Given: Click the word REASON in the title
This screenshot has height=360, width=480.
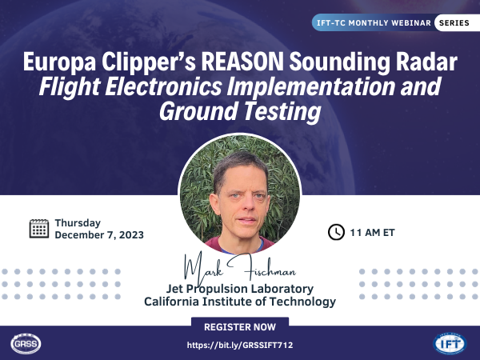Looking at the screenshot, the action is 242,62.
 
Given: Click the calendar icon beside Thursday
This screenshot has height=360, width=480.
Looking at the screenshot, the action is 39,229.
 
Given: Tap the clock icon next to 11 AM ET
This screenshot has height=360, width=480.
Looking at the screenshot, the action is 336,232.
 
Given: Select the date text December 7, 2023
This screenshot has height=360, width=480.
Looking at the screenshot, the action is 99,234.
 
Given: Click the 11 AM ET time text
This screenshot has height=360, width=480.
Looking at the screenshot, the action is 372,233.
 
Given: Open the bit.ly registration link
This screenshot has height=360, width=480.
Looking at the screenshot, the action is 240,346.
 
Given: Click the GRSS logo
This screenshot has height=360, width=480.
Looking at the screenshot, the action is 26,343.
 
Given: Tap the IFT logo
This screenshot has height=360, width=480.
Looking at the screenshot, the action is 450,343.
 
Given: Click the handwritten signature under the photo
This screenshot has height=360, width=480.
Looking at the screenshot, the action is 239,268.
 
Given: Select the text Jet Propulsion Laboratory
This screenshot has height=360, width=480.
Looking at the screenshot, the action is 240,289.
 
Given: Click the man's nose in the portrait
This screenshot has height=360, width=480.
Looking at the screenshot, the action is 246,204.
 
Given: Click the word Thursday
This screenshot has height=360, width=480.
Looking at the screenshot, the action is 78,223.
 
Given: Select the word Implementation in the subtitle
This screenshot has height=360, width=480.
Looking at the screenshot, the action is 311,87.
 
